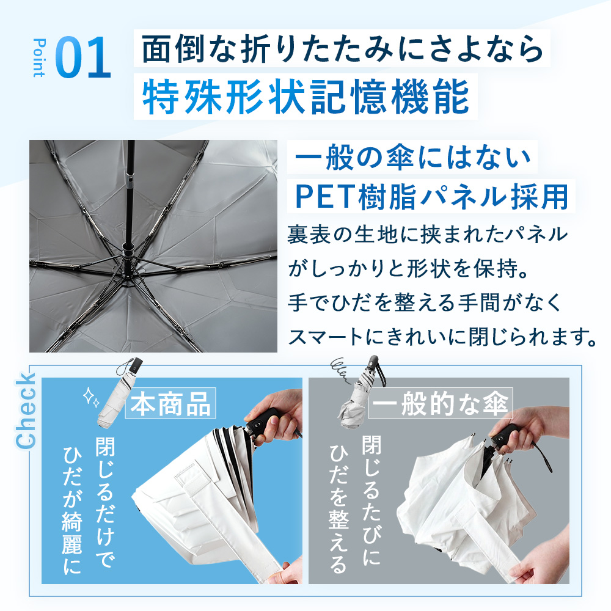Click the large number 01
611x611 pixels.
(x=83, y=57)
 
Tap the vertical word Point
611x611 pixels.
(x=39, y=57)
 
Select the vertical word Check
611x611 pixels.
(x=26, y=411)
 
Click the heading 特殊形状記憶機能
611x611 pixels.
(x=306, y=97)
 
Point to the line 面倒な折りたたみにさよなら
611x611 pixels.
(x=342, y=49)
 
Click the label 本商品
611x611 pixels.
(x=170, y=403)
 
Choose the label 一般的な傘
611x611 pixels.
(x=441, y=403)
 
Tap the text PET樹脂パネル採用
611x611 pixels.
(x=431, y=196)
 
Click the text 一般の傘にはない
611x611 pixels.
(x=413, y=157)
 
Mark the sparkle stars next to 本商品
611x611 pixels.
(x=92, y=397)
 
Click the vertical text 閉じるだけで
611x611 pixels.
(x=105, y=502)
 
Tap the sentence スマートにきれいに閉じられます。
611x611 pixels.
(x=442, y=337)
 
